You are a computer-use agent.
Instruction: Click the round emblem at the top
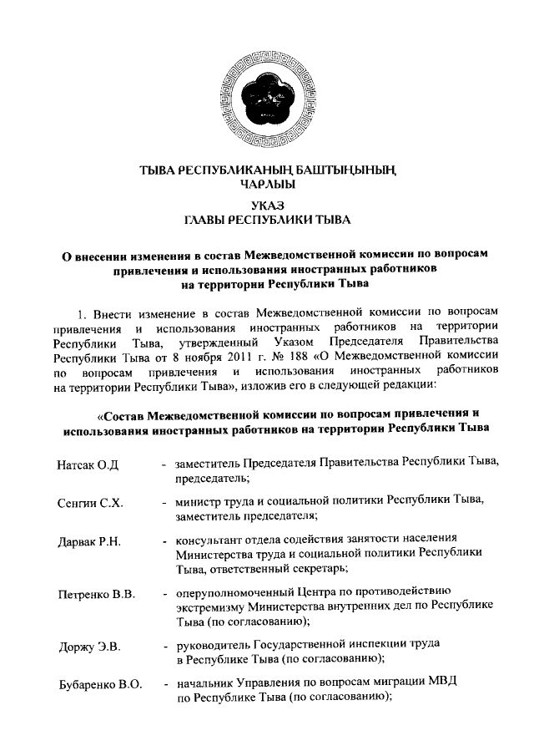click(267, 100)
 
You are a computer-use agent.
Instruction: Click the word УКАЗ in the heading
click(267, 205)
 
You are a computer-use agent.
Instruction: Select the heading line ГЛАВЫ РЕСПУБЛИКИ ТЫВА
click(267, 220)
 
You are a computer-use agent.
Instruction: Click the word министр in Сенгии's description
click(198, 503)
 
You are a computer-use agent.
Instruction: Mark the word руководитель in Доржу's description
click(211, 646)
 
